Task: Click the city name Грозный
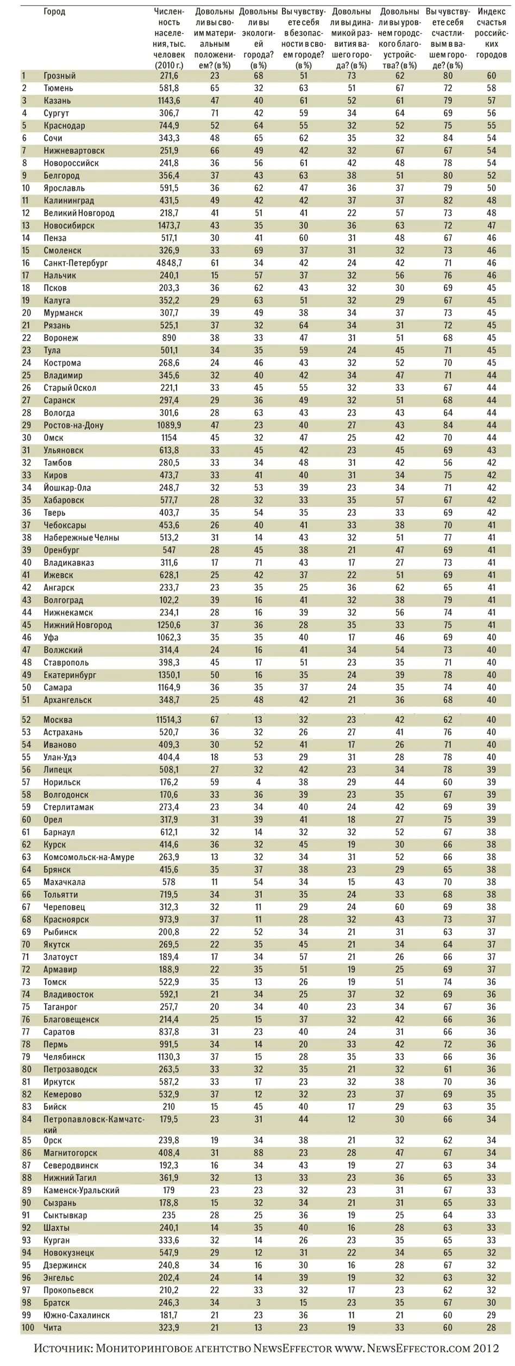tap(59, 76)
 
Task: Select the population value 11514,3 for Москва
tap(169, 719)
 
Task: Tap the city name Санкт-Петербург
tap(76, 263)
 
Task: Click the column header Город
tap(54, 12)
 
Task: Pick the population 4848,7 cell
tap(169, 263)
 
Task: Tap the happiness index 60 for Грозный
tap(491, 76)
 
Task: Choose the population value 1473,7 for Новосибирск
tap(169, 225)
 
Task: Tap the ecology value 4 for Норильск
tap(258, 782)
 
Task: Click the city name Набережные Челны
tap(81, 537)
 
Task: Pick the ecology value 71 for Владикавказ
tap(258, 562)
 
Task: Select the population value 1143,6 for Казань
tap(169, 101)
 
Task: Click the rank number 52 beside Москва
tap(26, 719)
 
